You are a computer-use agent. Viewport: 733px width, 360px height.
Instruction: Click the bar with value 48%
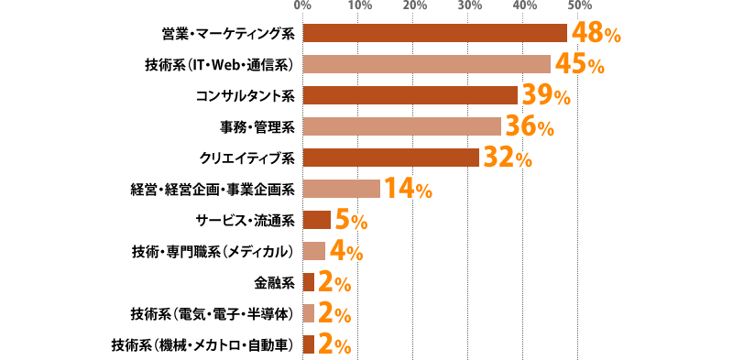[434, 33]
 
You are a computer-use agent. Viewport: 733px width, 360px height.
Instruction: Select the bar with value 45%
[426, 64]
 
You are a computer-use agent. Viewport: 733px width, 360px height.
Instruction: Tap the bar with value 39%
[410, 95]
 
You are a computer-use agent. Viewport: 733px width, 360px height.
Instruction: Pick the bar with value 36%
[401, 126]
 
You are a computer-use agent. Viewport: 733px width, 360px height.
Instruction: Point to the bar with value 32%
[390, 158]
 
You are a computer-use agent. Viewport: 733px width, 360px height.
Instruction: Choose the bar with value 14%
[341, 189]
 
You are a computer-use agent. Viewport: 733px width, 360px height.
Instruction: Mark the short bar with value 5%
[316, 220]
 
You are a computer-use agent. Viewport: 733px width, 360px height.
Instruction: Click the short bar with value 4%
[313, 251]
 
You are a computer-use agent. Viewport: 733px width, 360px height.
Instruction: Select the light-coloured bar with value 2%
[308, 313]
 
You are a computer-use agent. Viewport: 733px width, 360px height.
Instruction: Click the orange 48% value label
[596, 35]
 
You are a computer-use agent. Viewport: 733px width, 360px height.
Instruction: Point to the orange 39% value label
[546, 96]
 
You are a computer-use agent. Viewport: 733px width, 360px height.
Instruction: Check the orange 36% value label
[529, 127]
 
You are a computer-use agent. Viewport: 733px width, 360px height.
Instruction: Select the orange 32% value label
[507, 158]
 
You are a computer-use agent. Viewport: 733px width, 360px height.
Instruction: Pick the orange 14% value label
[407, 190]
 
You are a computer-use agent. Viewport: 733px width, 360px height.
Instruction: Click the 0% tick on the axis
[302, 6]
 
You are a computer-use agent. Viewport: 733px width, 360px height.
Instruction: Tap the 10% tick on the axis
[358, 6]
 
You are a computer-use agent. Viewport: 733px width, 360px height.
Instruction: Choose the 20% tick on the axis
[414, 6]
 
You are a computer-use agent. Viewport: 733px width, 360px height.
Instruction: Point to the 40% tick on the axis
[524, 6]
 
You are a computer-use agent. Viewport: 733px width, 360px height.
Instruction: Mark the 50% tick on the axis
[578, 6]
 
